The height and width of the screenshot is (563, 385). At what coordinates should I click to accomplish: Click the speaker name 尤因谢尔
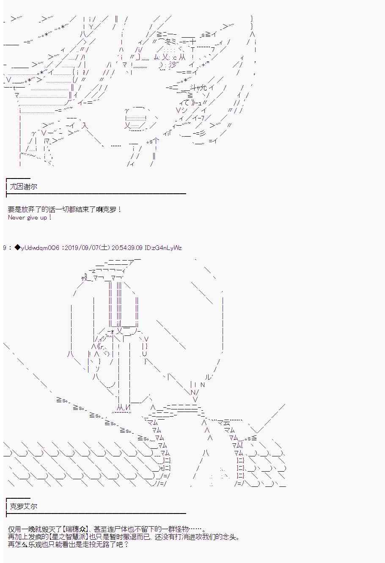23,187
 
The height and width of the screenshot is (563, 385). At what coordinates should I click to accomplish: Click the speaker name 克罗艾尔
23,506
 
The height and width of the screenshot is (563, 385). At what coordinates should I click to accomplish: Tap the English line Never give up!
30,217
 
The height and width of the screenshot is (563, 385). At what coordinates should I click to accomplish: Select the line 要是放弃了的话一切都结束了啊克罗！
65,209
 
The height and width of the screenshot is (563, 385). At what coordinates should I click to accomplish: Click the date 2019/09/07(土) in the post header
87,248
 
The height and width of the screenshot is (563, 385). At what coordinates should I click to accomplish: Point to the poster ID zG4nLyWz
166,248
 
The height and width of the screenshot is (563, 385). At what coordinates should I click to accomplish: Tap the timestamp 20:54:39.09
127,248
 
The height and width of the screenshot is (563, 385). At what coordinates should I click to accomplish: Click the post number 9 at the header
5,248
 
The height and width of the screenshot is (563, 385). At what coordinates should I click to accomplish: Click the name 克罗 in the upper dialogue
110,209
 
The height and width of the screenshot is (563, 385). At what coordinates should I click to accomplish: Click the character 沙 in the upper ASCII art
173,65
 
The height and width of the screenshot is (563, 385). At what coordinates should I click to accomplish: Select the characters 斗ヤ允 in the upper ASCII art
199,88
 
